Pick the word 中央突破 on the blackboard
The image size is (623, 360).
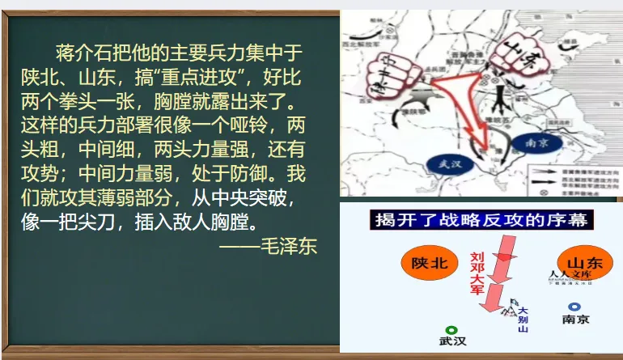[x=258, y=197]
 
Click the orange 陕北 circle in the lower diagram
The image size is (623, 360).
[x=429, y=264]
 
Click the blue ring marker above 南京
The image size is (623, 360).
[x=574, y=307]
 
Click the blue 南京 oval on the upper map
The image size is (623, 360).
[x=532, y=138]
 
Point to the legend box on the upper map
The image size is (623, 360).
[x=571, y=176]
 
